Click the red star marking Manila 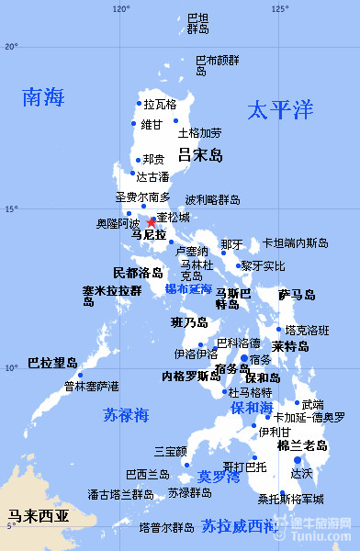click(151, 222)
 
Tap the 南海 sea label click(44, 96)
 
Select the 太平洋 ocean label click(280, 111)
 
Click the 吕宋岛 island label click(200, 155)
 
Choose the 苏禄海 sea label click(126, 415)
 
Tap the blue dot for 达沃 click(297, 460)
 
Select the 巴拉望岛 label click(52, 363)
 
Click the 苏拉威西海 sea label click(239, 526)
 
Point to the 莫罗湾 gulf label click(219, 478)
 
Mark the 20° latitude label click(11, 46)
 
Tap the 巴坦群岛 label click(197, 23)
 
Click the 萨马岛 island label click(297, 295)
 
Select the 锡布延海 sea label click(188, 288)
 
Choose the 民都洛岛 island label click(138, 273)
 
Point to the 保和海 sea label click(251, 407)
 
